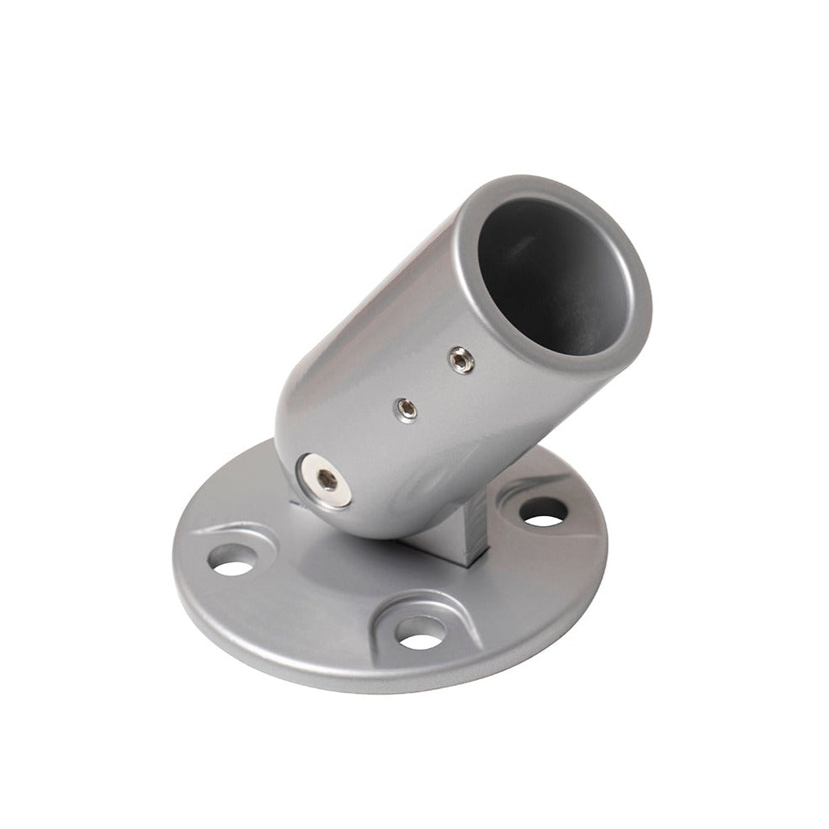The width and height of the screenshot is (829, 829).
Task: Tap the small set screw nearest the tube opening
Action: pyautogui.click(x=460, y=359)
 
